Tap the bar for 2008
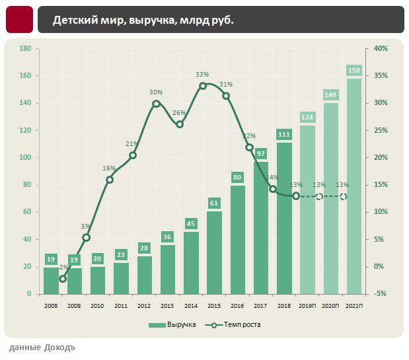pos(51,281)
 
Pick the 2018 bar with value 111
pos(284,218)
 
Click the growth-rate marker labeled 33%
pos(203,85)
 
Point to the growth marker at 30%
pos(157,103)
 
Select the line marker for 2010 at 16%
pos(110,180)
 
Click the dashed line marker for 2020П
pos(319,197)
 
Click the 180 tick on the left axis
pos(26,49)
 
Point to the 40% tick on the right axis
pos(380,49)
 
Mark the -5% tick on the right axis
pos(380,294)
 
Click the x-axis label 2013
pos(168,305)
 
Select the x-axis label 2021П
pos(354,305)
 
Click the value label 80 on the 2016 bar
pos(237,177)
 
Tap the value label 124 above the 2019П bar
pos(307,118)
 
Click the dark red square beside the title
pos(19,20)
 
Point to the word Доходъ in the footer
pos(59,347)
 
